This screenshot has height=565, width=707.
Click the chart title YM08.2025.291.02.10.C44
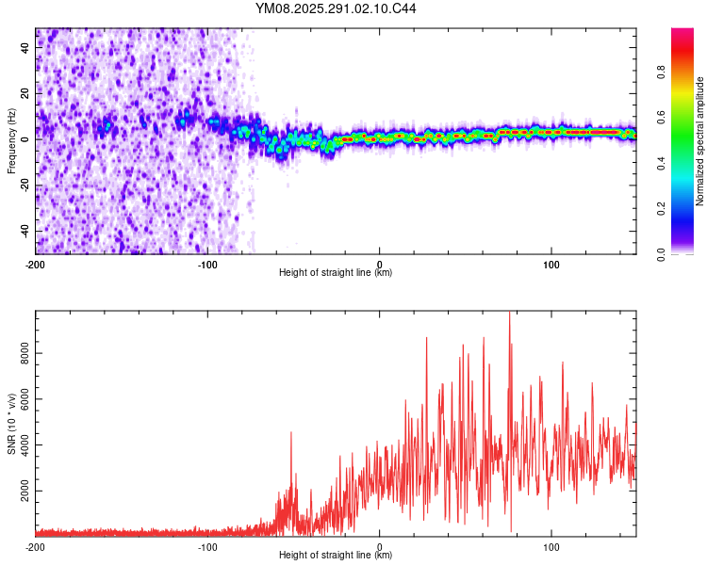point(337,9)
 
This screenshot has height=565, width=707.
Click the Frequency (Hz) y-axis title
point(11,141)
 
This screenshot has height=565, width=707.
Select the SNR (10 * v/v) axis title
point(11,424)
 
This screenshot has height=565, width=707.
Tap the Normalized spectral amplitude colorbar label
point(699,141)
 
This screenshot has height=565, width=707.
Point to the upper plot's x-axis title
point(336,272)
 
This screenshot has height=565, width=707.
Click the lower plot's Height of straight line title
point(336,555)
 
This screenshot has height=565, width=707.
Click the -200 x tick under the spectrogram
point(36,264)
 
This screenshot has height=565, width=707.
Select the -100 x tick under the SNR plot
point(207,546)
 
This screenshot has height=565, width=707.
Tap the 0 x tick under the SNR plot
point(379,546)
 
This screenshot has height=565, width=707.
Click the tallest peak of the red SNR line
point(510,313)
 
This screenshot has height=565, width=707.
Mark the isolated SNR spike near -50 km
point(291,432)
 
